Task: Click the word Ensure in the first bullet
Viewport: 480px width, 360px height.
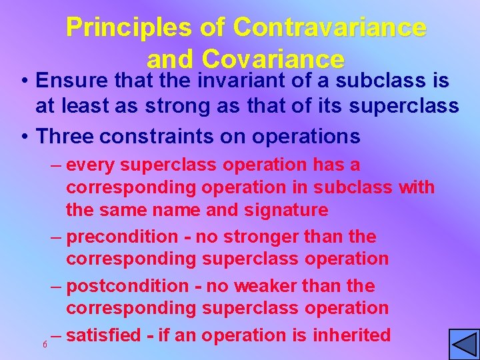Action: pyautogui.click(x=73, y=81)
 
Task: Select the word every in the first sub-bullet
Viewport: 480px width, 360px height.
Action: pyautogui.click(x=91, y=165)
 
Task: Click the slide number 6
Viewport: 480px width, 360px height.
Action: pyautogui.click(x=44, y=344)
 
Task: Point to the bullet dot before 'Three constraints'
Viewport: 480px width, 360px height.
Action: pyautogui.click(x=24, y=137)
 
